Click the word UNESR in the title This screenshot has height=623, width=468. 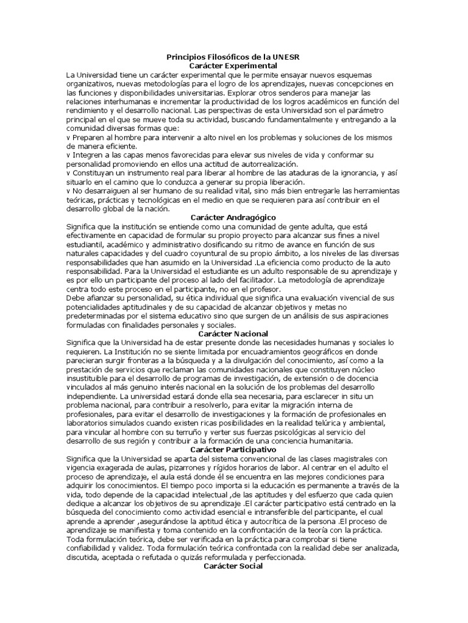click(286, 57)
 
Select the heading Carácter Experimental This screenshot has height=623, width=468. click(233, 65)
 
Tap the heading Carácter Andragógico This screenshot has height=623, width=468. click(233, 217)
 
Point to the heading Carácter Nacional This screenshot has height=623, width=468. click(233, 333)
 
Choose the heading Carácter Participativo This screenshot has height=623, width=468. click(233, 449)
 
